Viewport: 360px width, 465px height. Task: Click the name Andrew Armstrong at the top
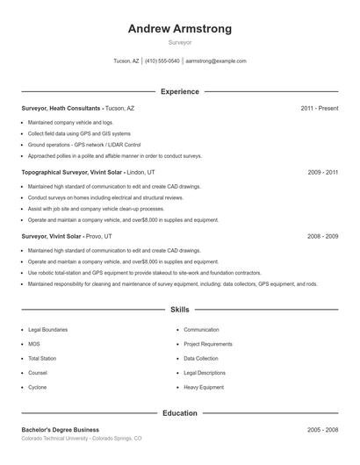pos(180,29)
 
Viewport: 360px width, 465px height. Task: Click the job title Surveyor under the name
pos(180,42)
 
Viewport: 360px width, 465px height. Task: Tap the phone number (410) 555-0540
pos(162,61)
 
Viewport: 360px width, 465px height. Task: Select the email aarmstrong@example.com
pos(216,61)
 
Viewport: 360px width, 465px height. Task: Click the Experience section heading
pos(180,91)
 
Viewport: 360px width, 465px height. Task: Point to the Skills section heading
pos(180,310)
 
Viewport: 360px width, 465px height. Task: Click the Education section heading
pos(180,413)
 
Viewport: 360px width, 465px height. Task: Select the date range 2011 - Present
pos(319,108)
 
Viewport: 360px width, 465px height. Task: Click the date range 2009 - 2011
pos(323,172)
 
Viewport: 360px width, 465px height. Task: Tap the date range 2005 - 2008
pos(323,430)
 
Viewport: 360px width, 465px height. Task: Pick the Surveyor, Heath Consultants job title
pos(61,108)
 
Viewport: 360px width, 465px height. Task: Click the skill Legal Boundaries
pos(48,330)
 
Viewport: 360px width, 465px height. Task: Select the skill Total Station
pos(43,358)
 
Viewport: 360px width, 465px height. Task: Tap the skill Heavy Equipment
pos(205,386)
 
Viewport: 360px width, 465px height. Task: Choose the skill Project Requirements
pos(208,344)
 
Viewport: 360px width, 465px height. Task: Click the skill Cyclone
pos(38,386)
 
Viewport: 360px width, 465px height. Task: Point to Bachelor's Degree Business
pos(61,430)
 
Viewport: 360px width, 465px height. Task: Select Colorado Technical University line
pos(81,438)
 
